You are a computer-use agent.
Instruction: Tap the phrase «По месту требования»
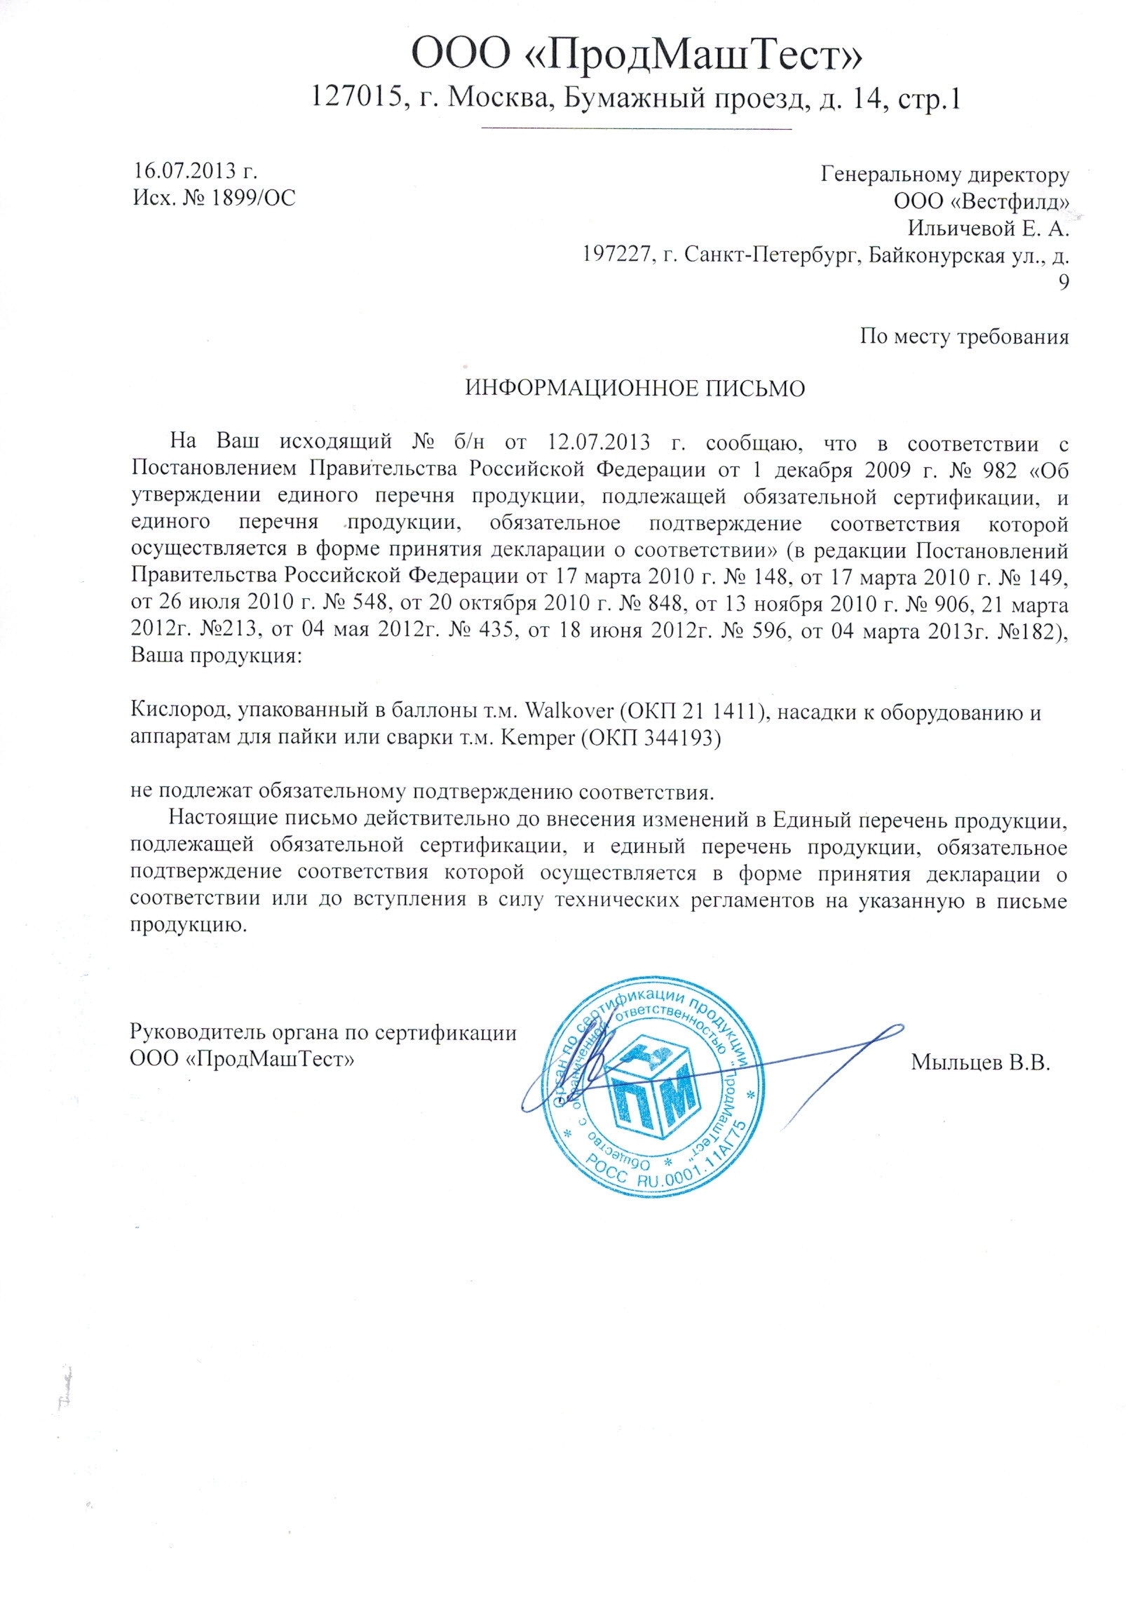pyautogui.click(x=964, y=337)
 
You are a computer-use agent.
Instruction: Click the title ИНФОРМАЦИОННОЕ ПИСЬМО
pyautogui.click(x=635, y=389)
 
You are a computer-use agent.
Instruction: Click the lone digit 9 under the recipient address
pyautogui.click(x=1063, y=283)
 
